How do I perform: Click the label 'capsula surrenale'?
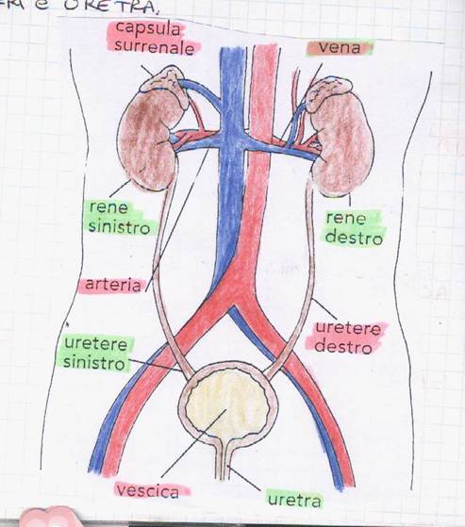(154, 38)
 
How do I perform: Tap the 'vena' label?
(340, 48)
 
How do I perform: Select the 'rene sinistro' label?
(120, 218)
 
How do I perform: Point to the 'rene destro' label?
(354, 228)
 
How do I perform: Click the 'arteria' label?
(113, 285)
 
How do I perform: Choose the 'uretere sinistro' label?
(95, 354)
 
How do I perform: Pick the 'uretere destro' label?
(346, 338)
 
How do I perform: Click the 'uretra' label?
(294, 500)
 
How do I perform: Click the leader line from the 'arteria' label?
(177, 221)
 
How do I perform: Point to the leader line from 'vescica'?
(193, 443)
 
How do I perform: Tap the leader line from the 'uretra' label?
(244, 478)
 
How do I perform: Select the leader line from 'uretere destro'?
(324, 308)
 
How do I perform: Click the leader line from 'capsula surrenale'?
(147, 71)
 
